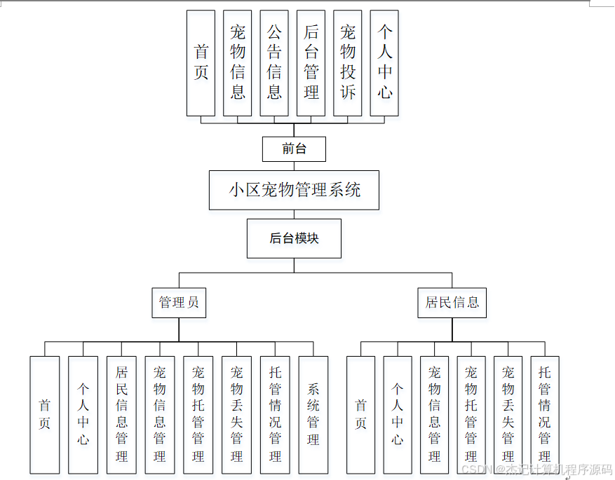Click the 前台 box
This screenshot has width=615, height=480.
tap(294, 149)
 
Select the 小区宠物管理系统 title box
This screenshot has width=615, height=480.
tap(294, 190)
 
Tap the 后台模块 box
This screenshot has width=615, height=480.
tap(294, 238)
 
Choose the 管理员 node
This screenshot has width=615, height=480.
tap(179, 303)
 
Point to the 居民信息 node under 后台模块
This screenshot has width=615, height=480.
tap(452, 303)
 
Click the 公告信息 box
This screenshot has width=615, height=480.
tap(274, 63)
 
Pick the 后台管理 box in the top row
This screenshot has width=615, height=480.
tap(311, 63)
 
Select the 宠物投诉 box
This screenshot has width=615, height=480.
tap(348, 63)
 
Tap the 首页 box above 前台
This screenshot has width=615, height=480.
tap(201, 63)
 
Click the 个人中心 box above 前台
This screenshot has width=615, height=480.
tap(384, 63)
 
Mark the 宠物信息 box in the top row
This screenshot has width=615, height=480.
tap(238, 63)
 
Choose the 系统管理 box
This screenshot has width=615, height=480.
tap(313, 415)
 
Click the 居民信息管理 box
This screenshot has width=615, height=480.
tap(121, 415)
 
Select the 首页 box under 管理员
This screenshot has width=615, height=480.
tap(45, 415)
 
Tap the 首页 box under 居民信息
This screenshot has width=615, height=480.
tap(361, 415)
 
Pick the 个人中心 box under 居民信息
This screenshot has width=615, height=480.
tap(398, 415)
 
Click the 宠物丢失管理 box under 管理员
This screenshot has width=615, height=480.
tap(236, 415)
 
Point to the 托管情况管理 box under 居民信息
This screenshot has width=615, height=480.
tap(545, 415)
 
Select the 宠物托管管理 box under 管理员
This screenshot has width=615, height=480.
tap(198, 415)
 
